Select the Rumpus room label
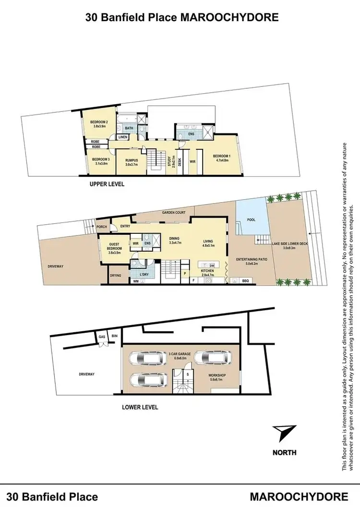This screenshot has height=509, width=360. point(132,162)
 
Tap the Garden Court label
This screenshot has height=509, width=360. point(173,212)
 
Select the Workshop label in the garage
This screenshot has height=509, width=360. point(217,375)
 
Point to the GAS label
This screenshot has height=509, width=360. point(102,337)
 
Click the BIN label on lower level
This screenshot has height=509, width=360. point(114,336)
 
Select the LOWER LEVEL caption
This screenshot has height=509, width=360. point(140,407)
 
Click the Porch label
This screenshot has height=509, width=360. point(101,227)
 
